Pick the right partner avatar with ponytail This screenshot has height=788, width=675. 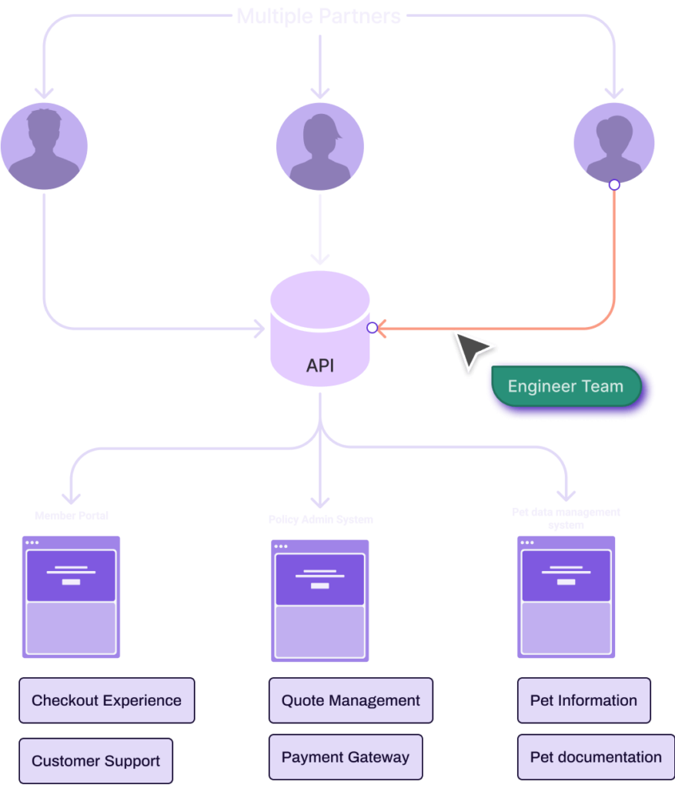tap(614, 142)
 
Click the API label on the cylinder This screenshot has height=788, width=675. tap(320, 365)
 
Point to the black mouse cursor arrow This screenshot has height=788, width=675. tap(472, 351)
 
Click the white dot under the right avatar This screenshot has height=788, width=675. tap(614, 185)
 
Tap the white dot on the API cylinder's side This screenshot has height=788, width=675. tap(373, 328)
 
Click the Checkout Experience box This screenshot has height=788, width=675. tap(106, 700)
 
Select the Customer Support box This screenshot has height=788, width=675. tap(95, 761)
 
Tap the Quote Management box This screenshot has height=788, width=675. tap(350, 700)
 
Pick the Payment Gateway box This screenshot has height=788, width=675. tap(345, 757)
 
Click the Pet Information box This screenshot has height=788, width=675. tap(583, 700)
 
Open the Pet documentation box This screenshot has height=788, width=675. tap(595, 757)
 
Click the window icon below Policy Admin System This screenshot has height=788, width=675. tap(319, 600)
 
